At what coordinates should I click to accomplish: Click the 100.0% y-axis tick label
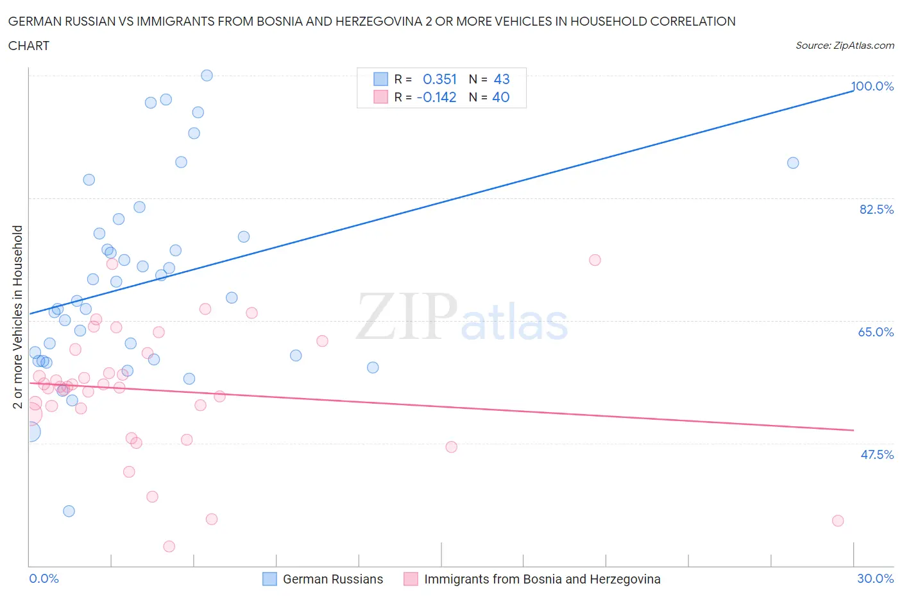tap(872, 87)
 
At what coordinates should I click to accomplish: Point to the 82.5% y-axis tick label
tap(876, 209)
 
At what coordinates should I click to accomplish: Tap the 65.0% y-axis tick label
tap(876, 332)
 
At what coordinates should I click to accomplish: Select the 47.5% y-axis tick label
tap(876, 454)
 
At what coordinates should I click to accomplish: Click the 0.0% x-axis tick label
tap(44, 578)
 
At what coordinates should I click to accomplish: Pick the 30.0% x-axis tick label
tap(875, 578)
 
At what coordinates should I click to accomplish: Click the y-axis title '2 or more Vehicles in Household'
tap(18, 316)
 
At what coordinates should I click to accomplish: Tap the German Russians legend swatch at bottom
tap(269, 579)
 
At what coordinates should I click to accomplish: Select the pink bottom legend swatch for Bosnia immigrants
tap(411, 579)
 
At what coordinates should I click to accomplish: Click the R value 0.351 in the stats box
tap(439, 79)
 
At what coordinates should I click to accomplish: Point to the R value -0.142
tap(436, 97)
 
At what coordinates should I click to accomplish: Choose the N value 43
tap(501, 79)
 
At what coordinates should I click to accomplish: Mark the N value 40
tap(500, 97)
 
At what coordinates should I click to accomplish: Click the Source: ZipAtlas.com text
tap(844, 45)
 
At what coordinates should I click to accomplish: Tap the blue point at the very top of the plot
tap(207, 75)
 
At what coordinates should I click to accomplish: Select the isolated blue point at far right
tap(793, 163)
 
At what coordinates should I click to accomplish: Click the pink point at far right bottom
tap(838, 521)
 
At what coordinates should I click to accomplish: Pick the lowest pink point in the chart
tap(169, 546)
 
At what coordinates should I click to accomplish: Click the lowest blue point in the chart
tap(69, 511)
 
